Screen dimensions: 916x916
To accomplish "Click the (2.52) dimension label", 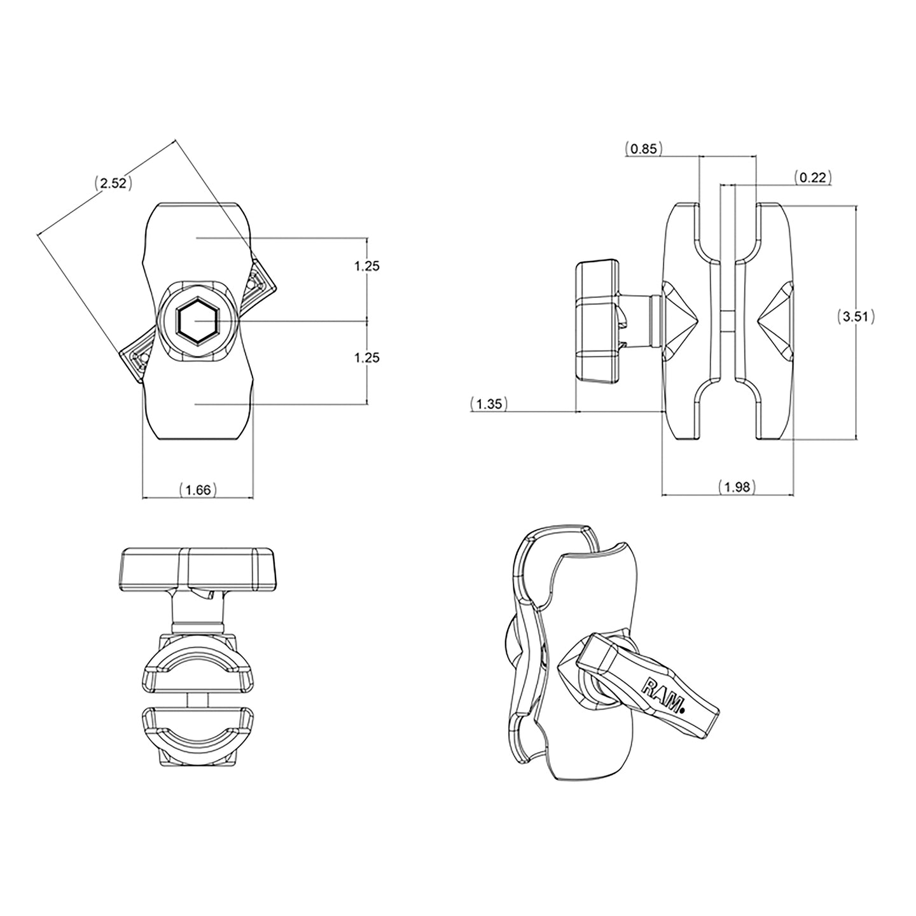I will pyautogui.click(x=113, y=184).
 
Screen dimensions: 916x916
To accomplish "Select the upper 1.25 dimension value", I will pyautogui.click(x=367, y=266).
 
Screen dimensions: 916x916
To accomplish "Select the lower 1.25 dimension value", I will pyautogui.click(x=367, y=357).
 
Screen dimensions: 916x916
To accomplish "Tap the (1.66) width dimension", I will pyautogui.click(x=198, y=489).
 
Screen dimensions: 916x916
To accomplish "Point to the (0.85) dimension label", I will pyautogui.click(x=644, y=149).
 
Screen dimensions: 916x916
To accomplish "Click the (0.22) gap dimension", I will pyautogui.click(x=813, y=177).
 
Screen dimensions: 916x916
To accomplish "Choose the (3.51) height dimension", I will pyautogui.click(x=855, y=316).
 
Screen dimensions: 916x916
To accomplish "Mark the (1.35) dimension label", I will pyautogui.click(x=489, y=404).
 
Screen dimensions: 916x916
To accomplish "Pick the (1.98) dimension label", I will pyautogui.click(x=738, y=487).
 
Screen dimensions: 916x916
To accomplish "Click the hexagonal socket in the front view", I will pyautogui.click(x=197, y=320).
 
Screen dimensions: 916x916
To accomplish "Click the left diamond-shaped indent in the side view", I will pyautogui.click(x=679, y=318).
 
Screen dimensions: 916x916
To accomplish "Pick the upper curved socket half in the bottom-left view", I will pyautogui.click(x=197, y=662).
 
